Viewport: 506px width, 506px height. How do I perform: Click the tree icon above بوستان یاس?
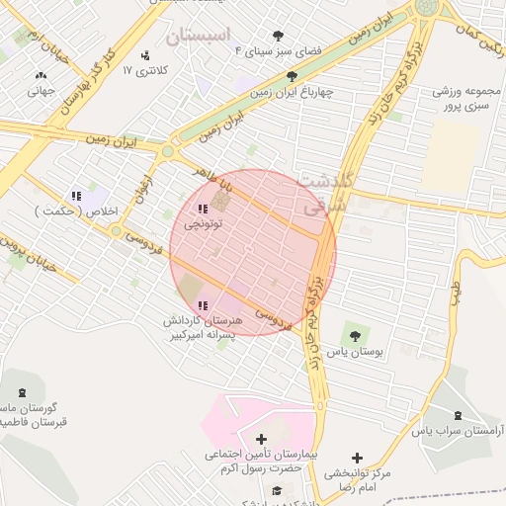point(355,336)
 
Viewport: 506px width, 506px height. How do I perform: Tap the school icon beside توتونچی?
point(203,209)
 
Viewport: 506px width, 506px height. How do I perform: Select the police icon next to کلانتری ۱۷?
point(146,55)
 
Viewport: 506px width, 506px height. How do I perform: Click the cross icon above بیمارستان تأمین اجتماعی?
point(261,439)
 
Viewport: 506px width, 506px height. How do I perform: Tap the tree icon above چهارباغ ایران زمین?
point(291,76)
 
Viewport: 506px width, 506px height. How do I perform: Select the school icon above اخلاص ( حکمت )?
point(76,196)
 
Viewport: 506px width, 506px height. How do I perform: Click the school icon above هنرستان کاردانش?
point(203,304)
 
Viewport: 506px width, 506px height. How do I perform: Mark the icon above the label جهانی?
point(41,75)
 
